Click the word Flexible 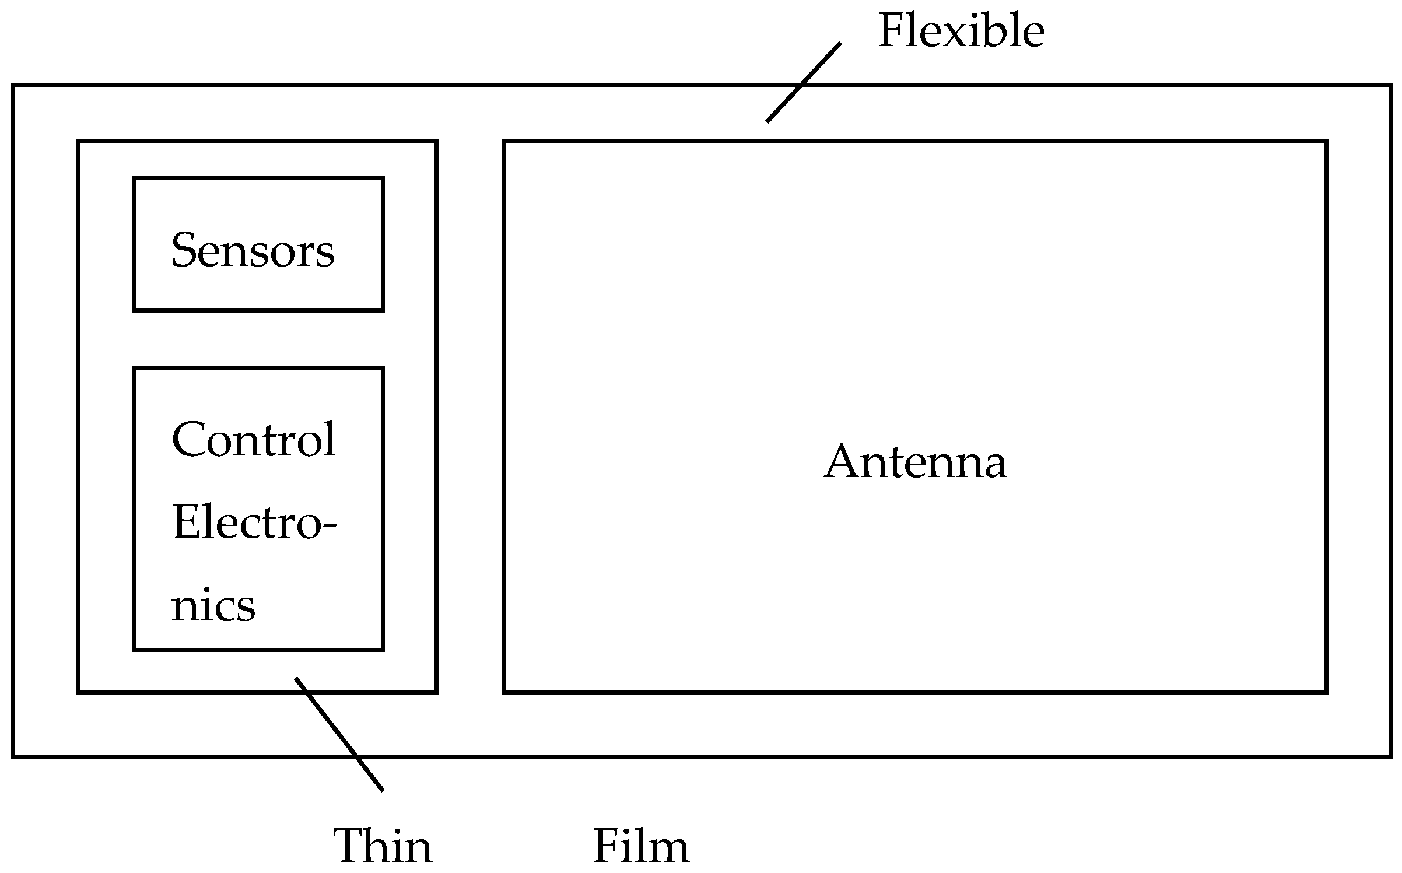pos(961,31)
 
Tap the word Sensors pos(253,250)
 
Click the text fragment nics pos(213,606)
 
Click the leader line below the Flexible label pos(803,82)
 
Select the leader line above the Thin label pos(339,734)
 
